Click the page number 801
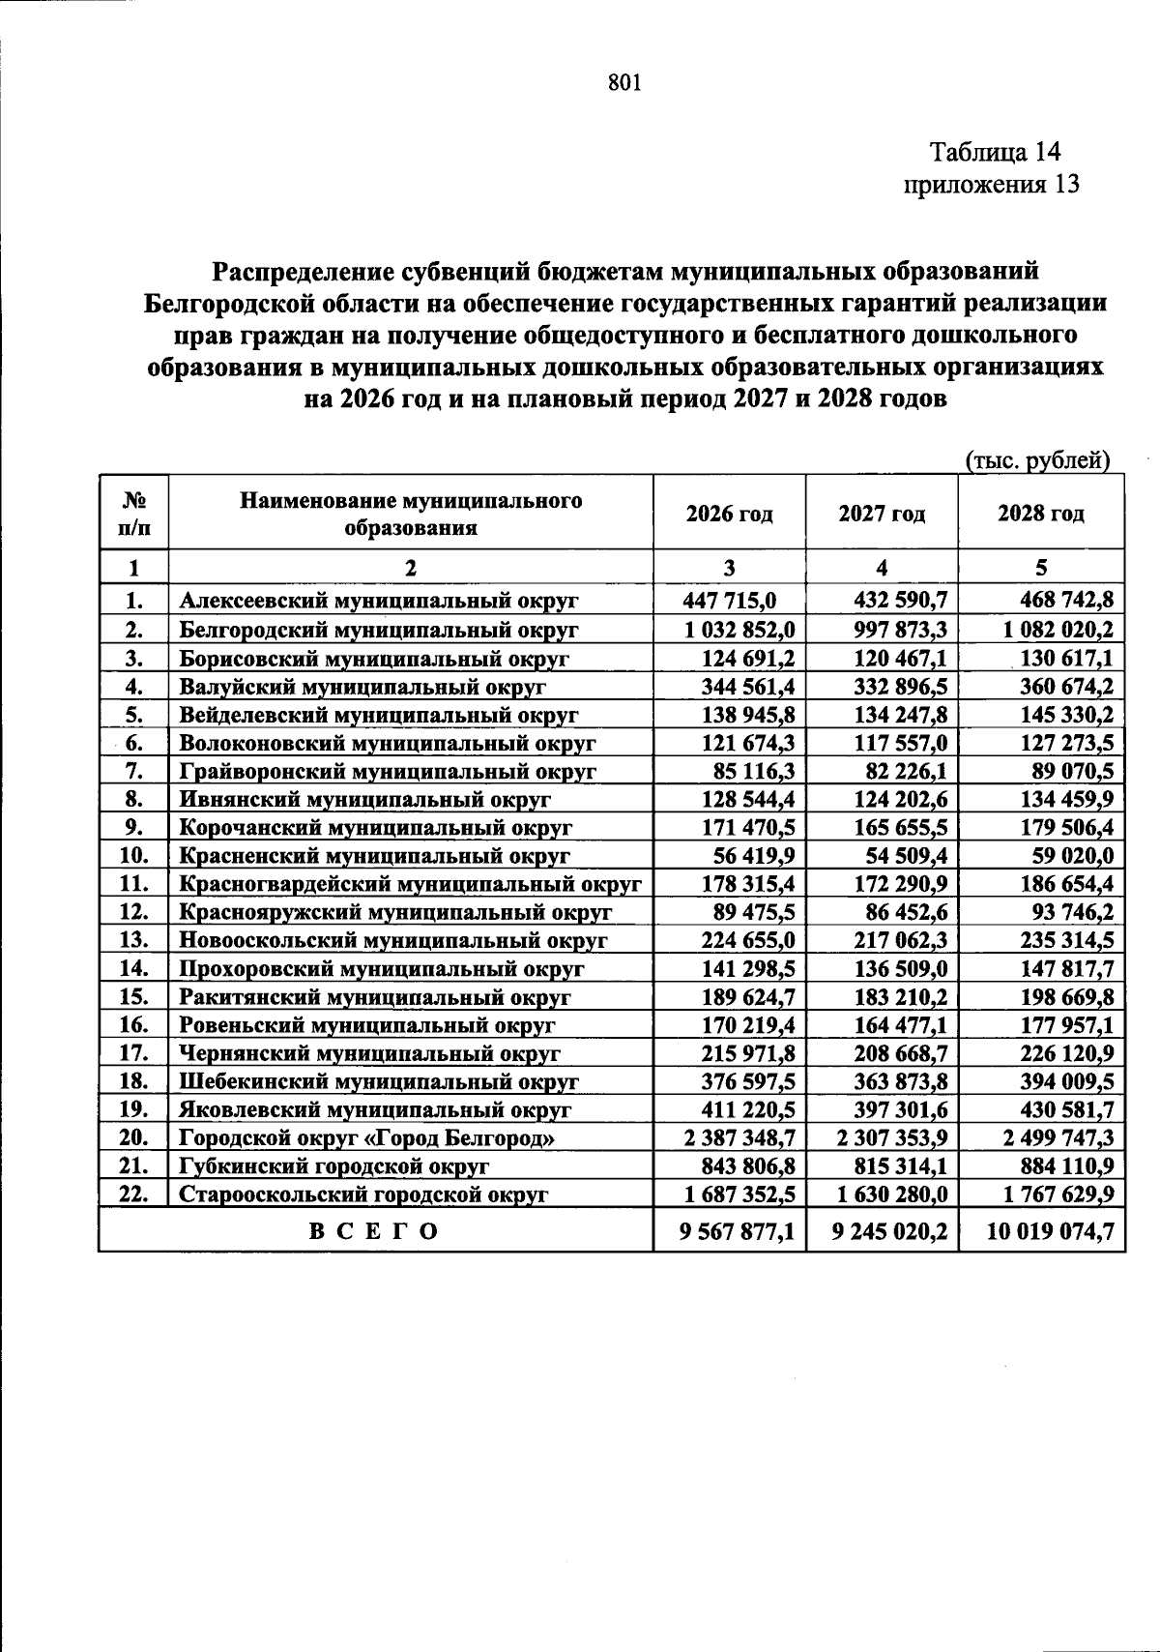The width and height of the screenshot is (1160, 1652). coord(625,83)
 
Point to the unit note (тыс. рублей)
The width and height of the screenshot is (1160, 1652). coord(1037,461)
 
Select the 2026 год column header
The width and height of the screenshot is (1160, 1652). coord(730,514)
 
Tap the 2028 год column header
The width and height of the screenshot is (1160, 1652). coord(1040,514)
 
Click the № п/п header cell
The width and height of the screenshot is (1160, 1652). coord(133,514)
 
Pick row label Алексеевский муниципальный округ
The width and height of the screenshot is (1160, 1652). coord(379,601)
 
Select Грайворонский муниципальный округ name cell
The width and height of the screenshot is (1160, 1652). coord(388,771)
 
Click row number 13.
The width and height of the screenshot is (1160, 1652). coord(133,940)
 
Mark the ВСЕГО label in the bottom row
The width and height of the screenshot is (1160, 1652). coord(374,1231)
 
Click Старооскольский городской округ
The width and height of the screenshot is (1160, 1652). coord(364,1195)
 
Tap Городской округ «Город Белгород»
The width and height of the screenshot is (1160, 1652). coord(367,1138)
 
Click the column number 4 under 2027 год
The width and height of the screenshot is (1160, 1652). coord(882,568)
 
